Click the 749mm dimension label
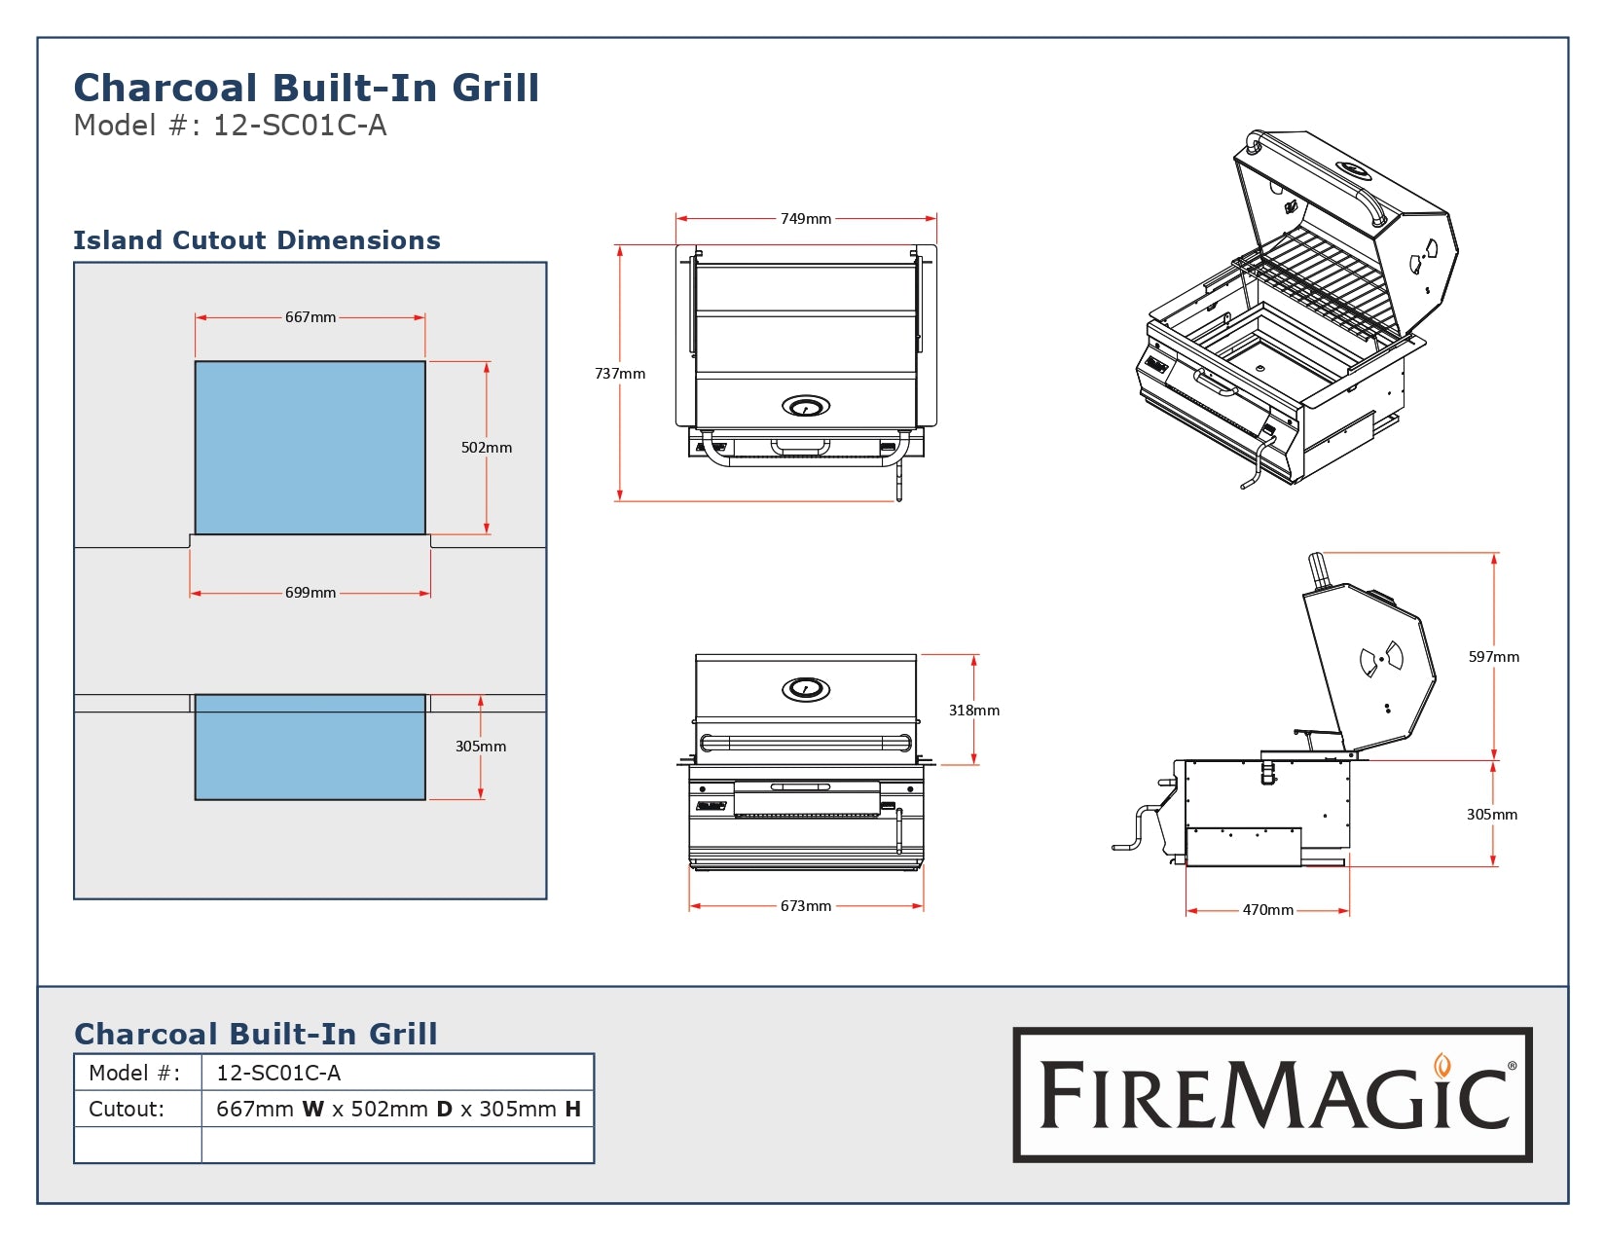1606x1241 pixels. click(806, 219)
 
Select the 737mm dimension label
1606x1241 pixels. click(620, 374)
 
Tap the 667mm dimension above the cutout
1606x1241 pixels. click(310, 317)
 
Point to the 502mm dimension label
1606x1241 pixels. click(487, 448)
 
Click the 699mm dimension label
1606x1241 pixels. click(310, 593)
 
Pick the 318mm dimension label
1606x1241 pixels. click(974, 711)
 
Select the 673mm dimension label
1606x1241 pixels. click(806, 906)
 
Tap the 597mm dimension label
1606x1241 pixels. click(1494, 657)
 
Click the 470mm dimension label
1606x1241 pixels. click(1268, 910)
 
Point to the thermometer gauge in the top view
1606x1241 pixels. click(806, 405)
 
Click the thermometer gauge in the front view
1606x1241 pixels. click(806, 689)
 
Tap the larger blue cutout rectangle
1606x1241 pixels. click(310, 448)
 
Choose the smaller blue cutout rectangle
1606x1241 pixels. click(310, 747)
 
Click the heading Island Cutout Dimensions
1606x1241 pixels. click(257, 240)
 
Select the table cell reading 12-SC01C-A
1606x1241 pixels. click(278, 1073)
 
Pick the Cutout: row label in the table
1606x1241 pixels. click(127, 1109)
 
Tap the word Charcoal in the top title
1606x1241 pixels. click(165, 88)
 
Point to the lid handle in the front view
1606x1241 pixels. click(806, 744)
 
